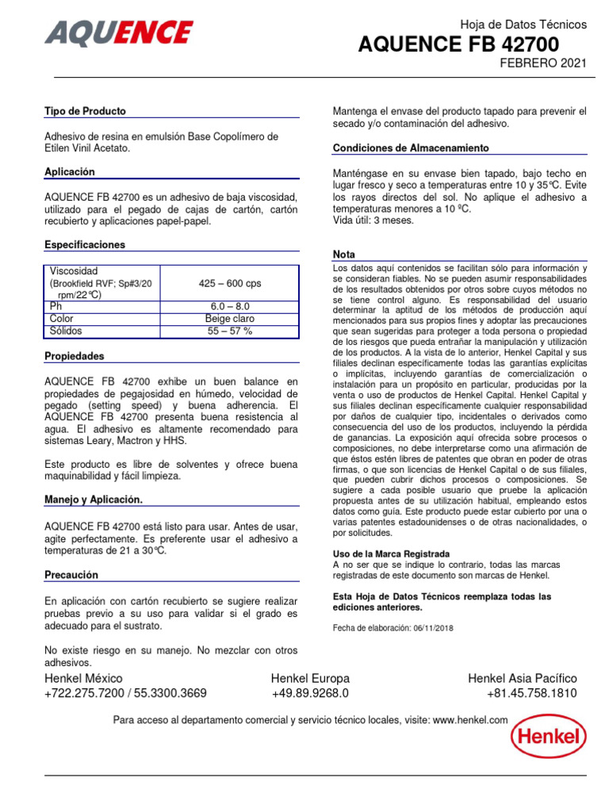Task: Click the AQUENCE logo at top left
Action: pyautogui.click(x=119, y=33)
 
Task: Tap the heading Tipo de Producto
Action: pyautogui.click(x=85, y=112)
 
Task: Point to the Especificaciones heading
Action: pyautogui.click(x=85, y=245)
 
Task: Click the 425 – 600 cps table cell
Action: pyautogui.click(x=229, y=283)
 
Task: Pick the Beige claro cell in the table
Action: pyautogui.click(x=229, y=319)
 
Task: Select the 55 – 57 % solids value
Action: pyautogui.click(x=229, y=331)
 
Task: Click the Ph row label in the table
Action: pyautogui.click(x=56, y=306)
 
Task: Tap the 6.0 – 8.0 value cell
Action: pyautogui.click(x=229, y=306)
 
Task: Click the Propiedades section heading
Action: pyautogui.click(x=75, y=357)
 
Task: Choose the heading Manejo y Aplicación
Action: pyautogui.click(x=94, y=500)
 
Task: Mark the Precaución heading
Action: pyautogui.click(x=71, y=575)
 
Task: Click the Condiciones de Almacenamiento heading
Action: pyautogui.click(x=411, y=148)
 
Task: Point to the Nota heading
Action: pyautogui.click(x=344, y=255)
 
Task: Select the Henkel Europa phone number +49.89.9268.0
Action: pyautogui.click(x=310, y=693)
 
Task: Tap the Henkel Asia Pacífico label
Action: pyautogui.click(x=523, y=678)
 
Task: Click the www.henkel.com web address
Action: pyautogui.click(x=470, y=720)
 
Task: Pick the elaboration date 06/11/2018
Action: pyautogui.click(x=430, y=628)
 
